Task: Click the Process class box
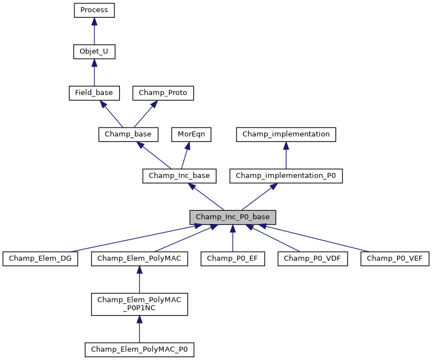pos(94,10)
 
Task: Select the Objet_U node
pos(94,52)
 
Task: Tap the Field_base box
pos(94,93)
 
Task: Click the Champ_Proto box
pos(163,93)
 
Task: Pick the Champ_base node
pos(128,134)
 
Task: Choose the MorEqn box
pos(188,134)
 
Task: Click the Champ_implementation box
pos(286,134)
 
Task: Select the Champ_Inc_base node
pos(179,176)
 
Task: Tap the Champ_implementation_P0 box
pos(286,176)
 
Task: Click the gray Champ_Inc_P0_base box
pos(233,217)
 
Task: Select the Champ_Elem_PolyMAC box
pos(139,258)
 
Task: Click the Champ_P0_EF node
pos(233,258)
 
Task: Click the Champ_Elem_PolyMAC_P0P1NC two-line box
pos(139,304)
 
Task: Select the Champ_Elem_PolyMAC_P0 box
pos(139,349)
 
